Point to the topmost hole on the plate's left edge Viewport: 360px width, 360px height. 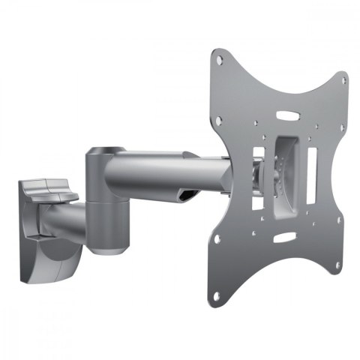pyautogui.click(x=217, y=56)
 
